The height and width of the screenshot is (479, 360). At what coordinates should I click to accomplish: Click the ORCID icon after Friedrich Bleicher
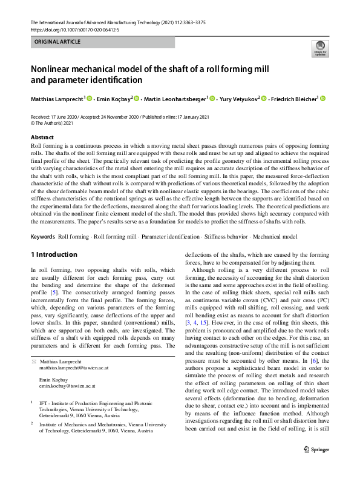[322, 99]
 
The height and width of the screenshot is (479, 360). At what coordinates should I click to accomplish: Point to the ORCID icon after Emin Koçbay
[137, 99]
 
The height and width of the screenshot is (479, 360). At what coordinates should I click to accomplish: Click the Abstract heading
[42, 138]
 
